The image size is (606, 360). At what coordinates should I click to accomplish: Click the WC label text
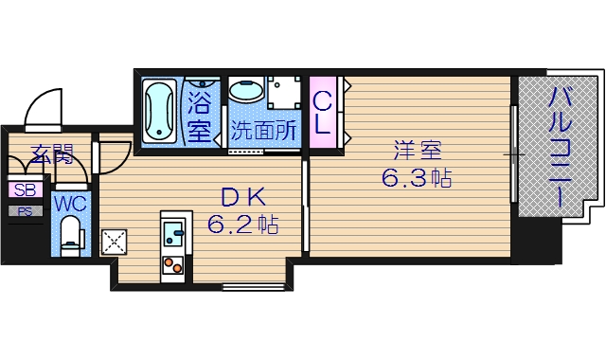(69, 203)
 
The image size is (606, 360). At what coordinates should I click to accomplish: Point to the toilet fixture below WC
(70, 232)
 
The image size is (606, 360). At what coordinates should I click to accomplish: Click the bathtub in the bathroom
(159, 111)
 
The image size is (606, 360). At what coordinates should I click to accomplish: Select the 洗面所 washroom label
(264, 132)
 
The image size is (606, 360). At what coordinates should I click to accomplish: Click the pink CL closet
(322, 111)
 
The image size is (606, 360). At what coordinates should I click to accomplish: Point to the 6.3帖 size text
(416, 177)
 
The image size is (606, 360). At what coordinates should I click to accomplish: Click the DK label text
(236, 197)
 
